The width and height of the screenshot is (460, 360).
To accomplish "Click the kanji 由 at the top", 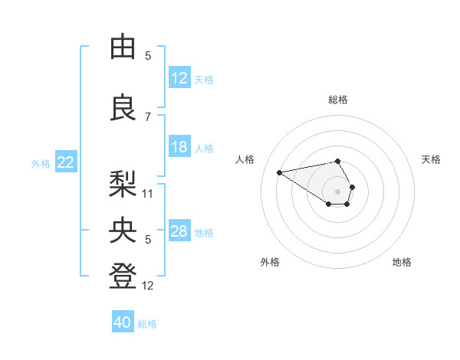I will click(x=123, y=47).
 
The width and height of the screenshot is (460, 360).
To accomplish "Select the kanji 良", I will click(x=123, y=108).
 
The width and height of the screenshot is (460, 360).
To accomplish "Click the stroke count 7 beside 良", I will click(x=148, y=116).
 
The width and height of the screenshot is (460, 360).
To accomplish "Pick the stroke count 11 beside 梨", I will click(x=148, y=193).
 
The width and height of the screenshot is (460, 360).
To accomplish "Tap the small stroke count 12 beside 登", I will click(x=148, y=286).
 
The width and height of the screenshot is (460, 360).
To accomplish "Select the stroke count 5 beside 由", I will click(x=148, y=56).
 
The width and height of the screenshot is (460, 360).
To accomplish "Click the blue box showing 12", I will click(x=179, y=78).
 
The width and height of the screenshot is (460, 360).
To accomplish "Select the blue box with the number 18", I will click(x=179, y=147).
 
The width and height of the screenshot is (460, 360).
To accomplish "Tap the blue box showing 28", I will click(x=179, y=231).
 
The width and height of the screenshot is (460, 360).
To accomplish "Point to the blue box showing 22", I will click(x=66, y=162).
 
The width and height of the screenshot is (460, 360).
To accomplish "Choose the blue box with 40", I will click(x=123, y=322).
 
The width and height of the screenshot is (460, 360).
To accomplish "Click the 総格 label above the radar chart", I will click(x=338, y=100).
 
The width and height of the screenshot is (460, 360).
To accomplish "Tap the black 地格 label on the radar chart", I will click(x=402, y=262).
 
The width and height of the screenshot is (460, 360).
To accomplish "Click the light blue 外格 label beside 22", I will click(x=41, y=163).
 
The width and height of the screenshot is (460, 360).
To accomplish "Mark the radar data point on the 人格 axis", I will click(x=280, y=172).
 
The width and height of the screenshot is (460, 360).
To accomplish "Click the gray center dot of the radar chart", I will click(x=338, y=191).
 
